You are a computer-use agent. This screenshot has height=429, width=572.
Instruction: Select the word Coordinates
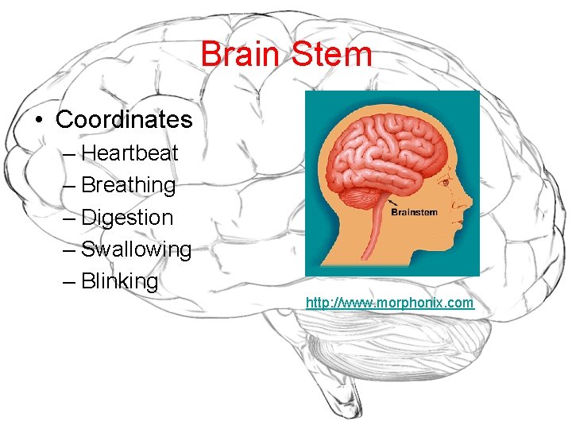(124, 120)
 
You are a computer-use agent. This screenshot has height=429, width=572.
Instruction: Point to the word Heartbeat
(129, 153)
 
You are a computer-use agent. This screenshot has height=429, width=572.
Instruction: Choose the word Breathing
(129, 185)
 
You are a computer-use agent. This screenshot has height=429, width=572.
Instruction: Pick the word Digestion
(127, 218)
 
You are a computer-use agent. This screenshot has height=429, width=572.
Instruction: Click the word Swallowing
(136, 249)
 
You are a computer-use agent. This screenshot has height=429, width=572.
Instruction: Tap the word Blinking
(120, 281)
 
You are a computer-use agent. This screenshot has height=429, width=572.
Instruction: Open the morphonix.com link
(389, 303)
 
